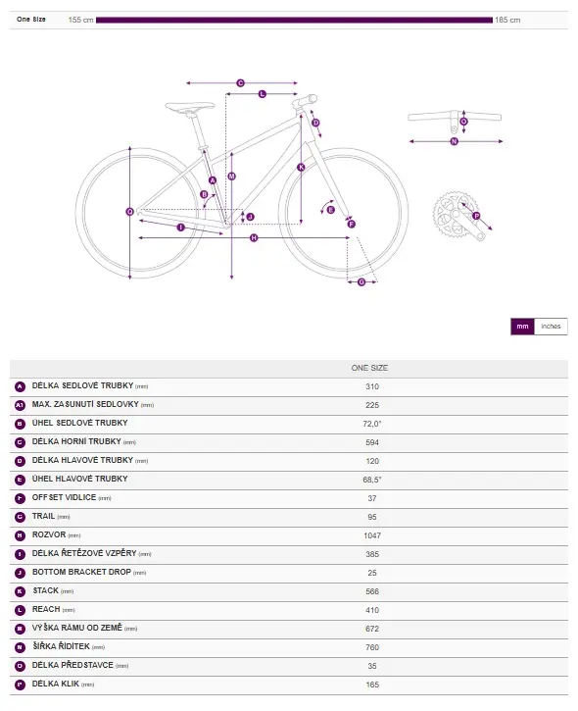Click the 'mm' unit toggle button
coord(522,327)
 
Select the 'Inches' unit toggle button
coord(551,327)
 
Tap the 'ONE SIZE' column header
coord(369,368)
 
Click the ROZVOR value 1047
coord(372,535)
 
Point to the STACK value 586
coord(372,591)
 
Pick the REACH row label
coord(46,609)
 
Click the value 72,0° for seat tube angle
coord(372,424)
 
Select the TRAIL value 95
coord(372,517)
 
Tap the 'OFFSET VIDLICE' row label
coord(64,497)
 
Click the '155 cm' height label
coord(80,20)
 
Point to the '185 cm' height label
coord(507,20)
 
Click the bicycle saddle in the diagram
coord(190,107)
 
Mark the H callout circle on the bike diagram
coord(254,237)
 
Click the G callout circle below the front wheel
coord(361,282)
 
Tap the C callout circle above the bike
coord(241,83)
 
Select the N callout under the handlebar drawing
coord(455,141)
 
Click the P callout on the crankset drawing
coord(476,216)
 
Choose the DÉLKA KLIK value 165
coord(372,685)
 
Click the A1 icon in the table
coord(20,405)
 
